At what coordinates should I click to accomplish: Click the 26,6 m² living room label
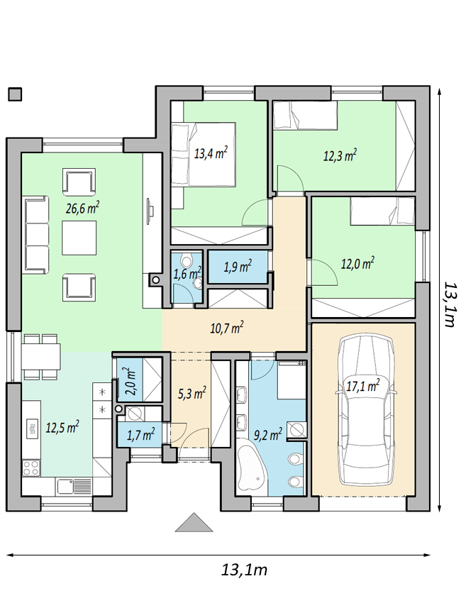83,209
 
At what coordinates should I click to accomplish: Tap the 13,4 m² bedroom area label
211,154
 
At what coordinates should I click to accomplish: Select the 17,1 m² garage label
363,386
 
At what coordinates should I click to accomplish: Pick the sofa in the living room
37,235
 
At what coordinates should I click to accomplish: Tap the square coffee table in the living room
79,237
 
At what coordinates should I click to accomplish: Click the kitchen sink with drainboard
74,486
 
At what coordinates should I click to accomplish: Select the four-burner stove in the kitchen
30,468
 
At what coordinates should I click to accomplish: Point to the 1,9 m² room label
238,266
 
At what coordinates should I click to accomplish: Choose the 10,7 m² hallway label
227,328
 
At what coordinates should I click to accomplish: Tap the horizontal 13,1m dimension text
244,570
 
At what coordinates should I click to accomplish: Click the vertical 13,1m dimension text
449,304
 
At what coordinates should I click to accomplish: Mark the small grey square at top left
15,94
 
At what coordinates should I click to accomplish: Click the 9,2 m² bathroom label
268,435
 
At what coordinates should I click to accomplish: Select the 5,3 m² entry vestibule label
191,394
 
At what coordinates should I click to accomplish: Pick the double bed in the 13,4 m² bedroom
204,155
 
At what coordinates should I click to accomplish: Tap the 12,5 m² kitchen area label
62,427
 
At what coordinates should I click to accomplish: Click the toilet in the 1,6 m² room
187,262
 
